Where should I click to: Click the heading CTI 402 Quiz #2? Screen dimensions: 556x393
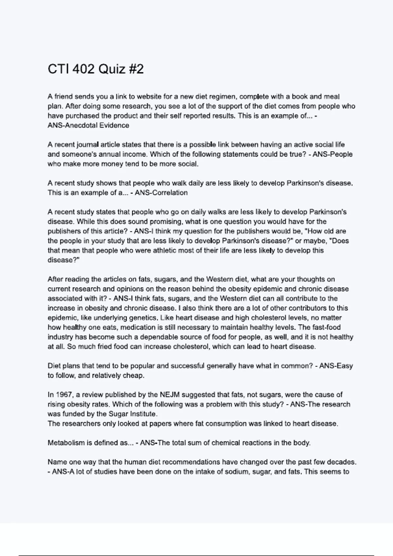[x=96, y=69]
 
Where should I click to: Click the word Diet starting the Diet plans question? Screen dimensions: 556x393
[x=54, y=366]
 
